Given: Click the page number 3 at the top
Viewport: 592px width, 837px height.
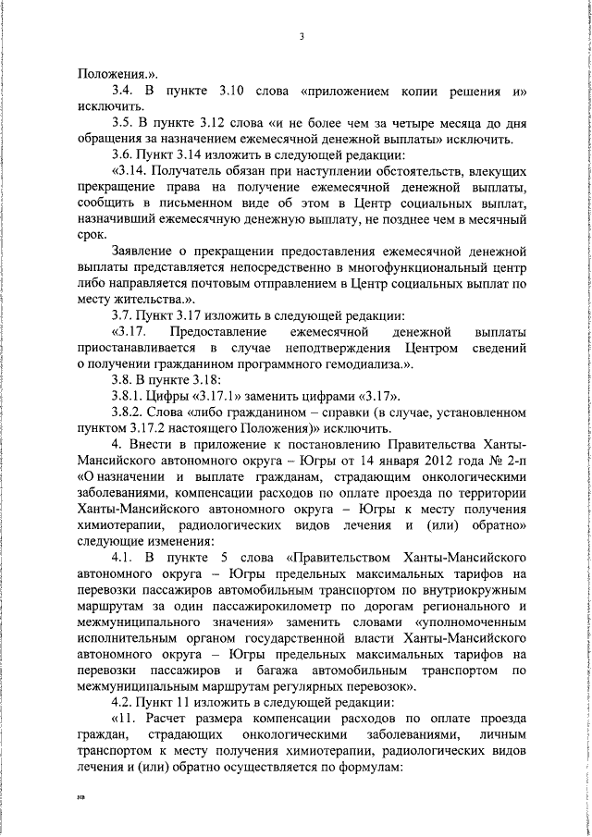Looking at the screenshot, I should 302,37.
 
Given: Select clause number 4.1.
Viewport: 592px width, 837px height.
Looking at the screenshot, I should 123,560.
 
